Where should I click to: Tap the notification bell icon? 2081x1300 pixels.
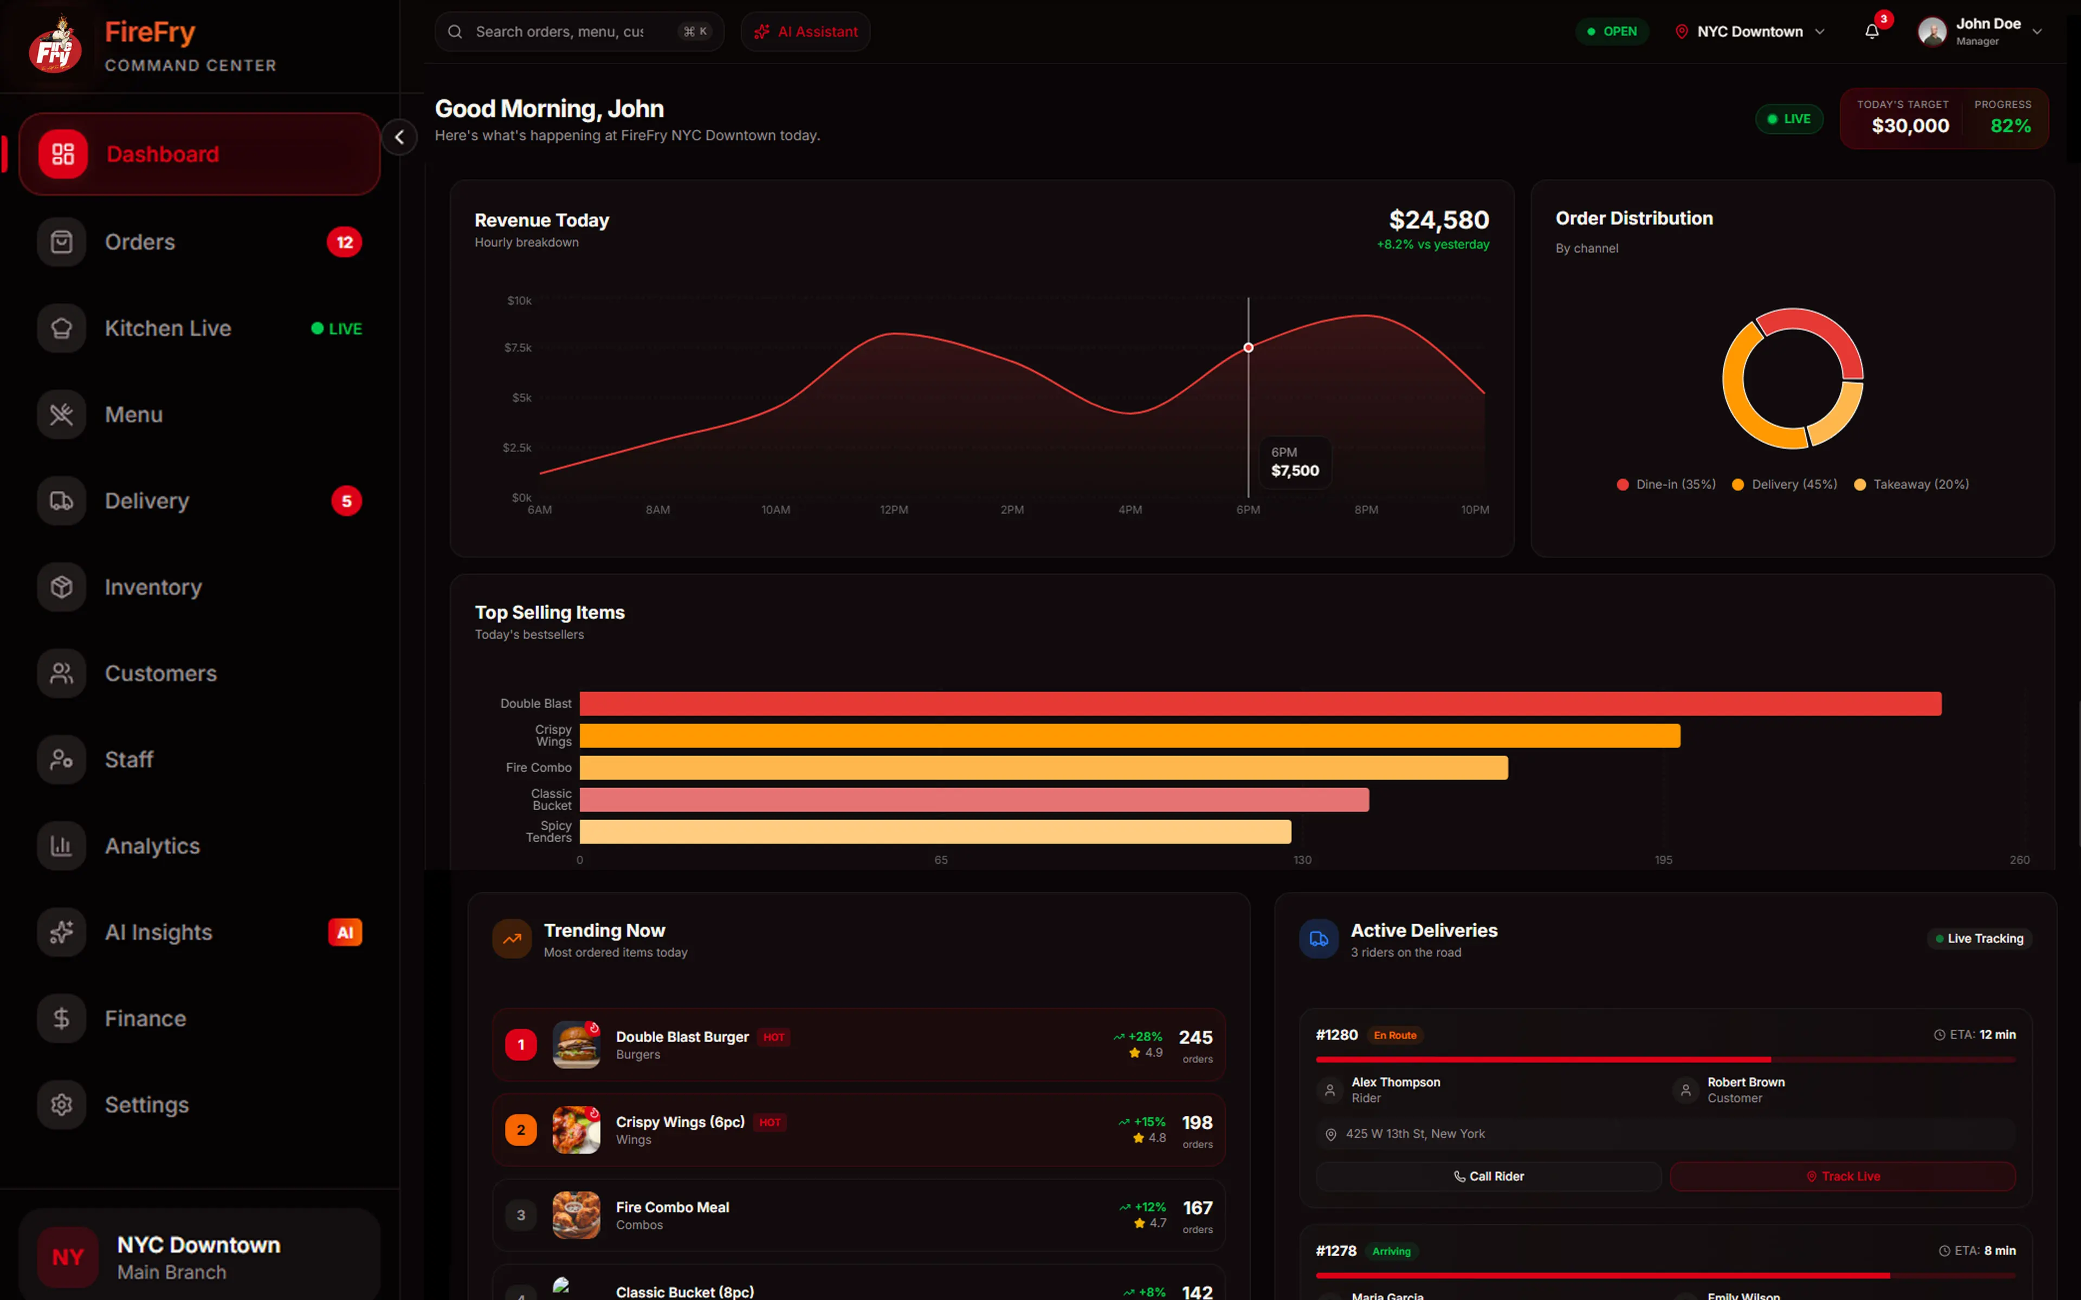(1871, 32)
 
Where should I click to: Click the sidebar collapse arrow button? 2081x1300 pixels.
(399, 138)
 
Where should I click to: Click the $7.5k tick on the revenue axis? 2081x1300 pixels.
(518, 347)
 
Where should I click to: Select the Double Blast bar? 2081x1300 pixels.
(1261, 703)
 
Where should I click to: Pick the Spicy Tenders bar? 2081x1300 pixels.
(935, 831)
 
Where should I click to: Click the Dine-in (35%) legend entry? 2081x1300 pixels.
(1666, 484)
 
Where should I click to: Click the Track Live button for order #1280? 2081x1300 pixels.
(1842, 1176)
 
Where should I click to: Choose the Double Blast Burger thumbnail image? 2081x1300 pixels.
(576, 1045)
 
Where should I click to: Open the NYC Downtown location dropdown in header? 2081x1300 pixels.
(1750, 32)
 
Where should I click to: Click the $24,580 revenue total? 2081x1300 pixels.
(1439, 220)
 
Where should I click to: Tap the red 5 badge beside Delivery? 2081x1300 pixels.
(346, 501)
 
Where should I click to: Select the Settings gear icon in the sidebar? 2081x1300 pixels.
(62, 1105)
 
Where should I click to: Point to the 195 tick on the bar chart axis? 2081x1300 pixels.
(1663, 860)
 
